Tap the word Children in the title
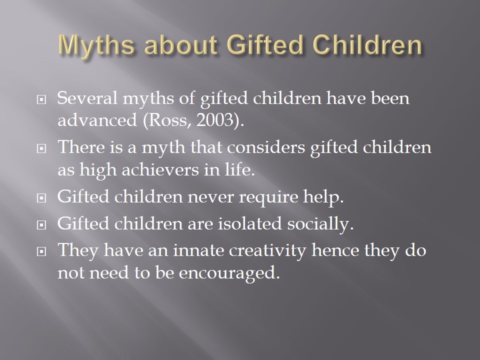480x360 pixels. [367, 45]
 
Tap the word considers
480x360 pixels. [266, 147]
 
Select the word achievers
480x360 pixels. [160, 169]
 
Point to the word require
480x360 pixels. [268, 196]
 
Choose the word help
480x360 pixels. [323, 196]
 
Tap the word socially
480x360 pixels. [320, 224]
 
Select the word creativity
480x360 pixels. [267, 250]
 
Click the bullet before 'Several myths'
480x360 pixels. [41, 99]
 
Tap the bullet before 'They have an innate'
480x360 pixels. [41, 251]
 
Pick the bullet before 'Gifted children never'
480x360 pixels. [41, 198]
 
